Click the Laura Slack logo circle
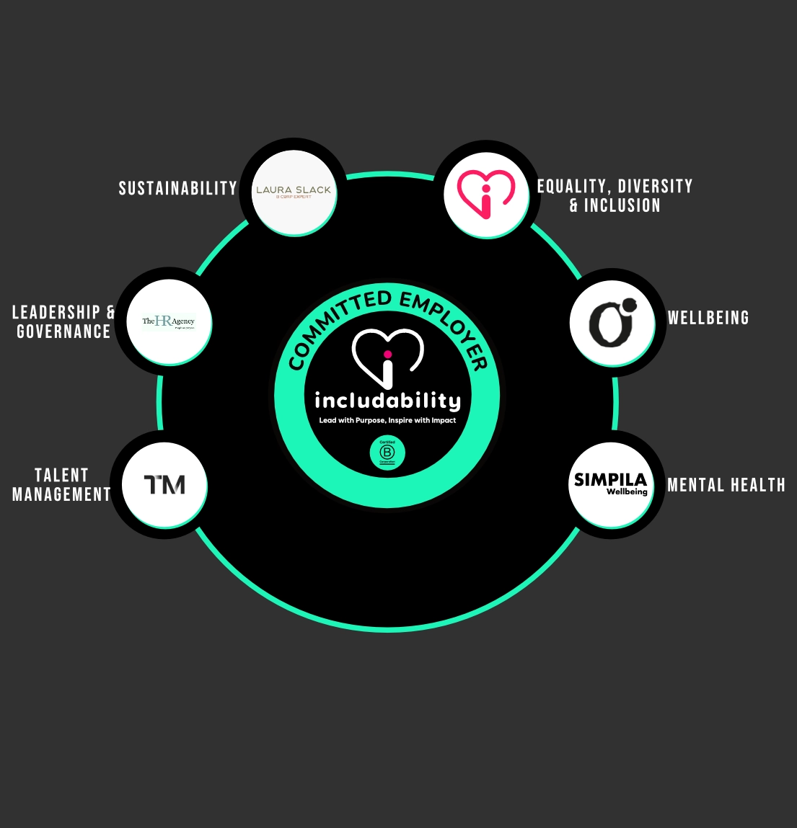tap(294, 192)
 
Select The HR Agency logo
tap(169, 321)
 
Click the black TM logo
tap(164, 485)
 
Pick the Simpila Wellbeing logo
tap(611, 484)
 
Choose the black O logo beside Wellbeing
tap(612, 323)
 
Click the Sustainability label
tap(177, 189)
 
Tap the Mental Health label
tap(726, 485)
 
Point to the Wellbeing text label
tap(708, 318)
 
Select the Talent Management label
tap(62, 485)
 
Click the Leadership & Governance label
tap(63, 322)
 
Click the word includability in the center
tap(387, 401)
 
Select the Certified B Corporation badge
tap(387, 453)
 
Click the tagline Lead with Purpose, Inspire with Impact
tap(387, 420)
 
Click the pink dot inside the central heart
tap(387, 354)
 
